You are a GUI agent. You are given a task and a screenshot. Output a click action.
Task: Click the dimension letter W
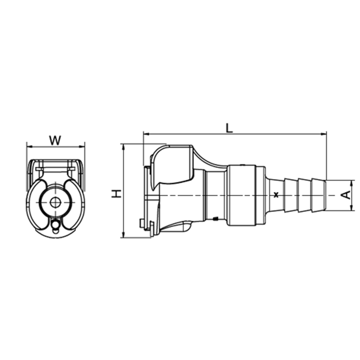pyautogui.click(x=55, y=140)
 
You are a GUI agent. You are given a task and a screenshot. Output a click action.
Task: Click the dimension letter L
pyautogui.click(x=229, y=128)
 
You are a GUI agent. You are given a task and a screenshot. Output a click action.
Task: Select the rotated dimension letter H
pyautogui.click(x=116, y=194)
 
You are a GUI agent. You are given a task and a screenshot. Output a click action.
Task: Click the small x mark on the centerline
pyautogui.click(x=276, y=195)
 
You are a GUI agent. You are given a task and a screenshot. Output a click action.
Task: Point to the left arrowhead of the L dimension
pyautogui.click(x=146, y=134)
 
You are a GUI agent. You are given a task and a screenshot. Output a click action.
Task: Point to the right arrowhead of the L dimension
pyautogui.click(x=324, y=134)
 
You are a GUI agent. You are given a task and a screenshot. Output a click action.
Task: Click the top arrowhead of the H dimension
pyautogui.click(x=123, y=147)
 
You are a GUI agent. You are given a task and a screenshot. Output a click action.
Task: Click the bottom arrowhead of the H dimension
pyautogui.click(x=123, y=235)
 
